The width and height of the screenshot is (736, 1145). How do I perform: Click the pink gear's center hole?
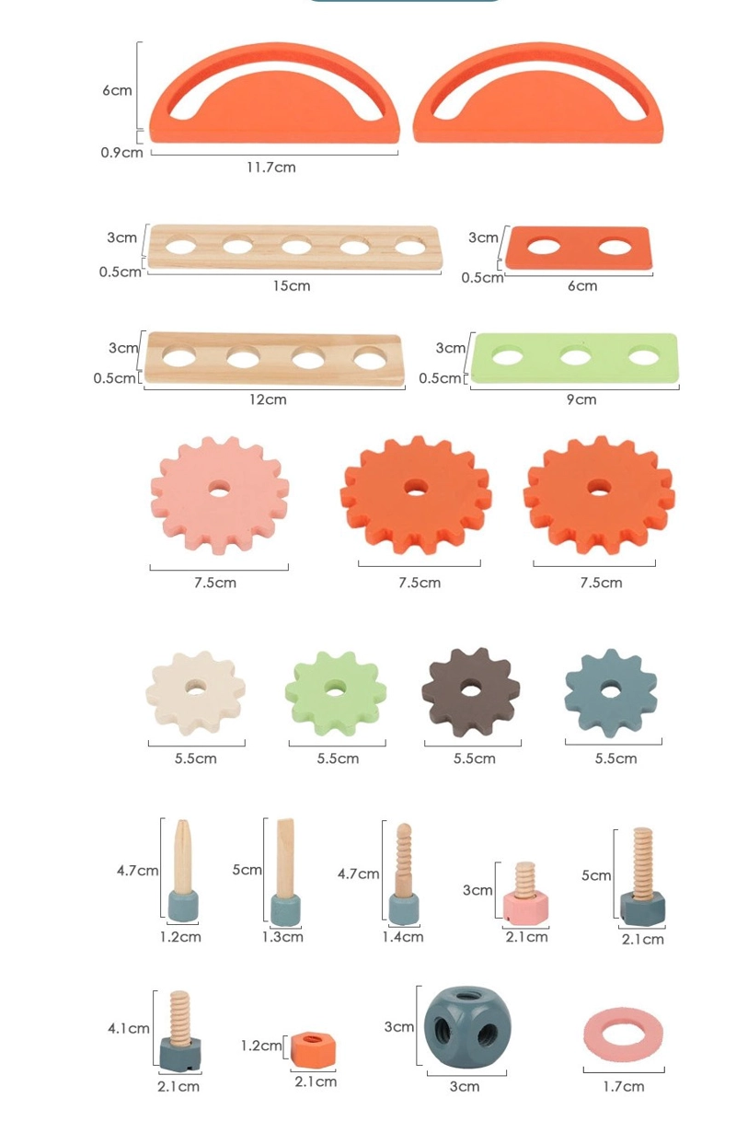click(x=220, y=489)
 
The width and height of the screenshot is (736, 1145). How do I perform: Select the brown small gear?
click(x=471, y=692)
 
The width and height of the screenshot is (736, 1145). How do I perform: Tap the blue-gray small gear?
click(x=611, y=693)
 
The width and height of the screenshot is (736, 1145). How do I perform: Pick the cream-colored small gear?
click(x=196, y=693)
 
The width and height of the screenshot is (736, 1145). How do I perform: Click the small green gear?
click(x=336, y=693)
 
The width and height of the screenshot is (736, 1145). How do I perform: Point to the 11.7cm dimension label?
click(x=271, y=168)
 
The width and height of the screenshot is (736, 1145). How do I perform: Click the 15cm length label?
click(x=292, y=285)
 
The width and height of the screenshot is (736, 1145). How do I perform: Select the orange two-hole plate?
click(x=578, y=249)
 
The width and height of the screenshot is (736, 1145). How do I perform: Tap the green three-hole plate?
click(x=575, y=358)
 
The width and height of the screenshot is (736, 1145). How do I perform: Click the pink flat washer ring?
click(x=623, y=1034)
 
